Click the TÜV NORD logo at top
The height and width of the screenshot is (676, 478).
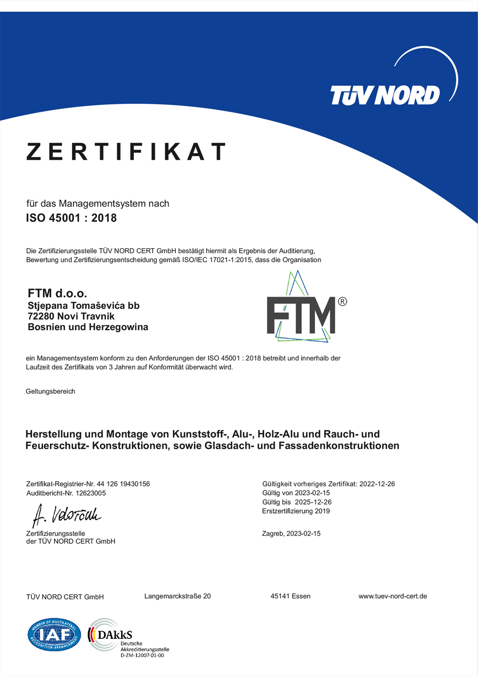click(x=385, y=95)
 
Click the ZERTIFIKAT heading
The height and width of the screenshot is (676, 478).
click(x=126, y=151)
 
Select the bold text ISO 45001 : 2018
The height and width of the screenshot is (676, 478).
click(x=71, y=218)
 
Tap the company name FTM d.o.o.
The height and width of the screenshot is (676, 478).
click(x=57, y=293)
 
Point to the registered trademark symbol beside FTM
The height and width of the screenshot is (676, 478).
click(x=342, y=301)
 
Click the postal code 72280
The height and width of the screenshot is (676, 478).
click(x=41, y=317)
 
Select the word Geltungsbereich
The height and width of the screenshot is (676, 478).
click(x=50, y=391)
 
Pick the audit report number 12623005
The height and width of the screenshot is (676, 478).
click(x=91, y=493)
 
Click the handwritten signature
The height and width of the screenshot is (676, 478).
click(x=66, y=515)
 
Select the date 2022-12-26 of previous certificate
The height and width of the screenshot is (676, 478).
click(x=377, y=484)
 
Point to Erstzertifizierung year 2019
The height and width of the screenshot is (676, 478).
click(x=322, y=511)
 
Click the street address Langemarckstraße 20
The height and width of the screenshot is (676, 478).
click(x=178, y=596)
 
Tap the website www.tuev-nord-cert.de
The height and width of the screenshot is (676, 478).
click(x=393, y=596)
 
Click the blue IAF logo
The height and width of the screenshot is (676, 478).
click(x=54, y=634)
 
